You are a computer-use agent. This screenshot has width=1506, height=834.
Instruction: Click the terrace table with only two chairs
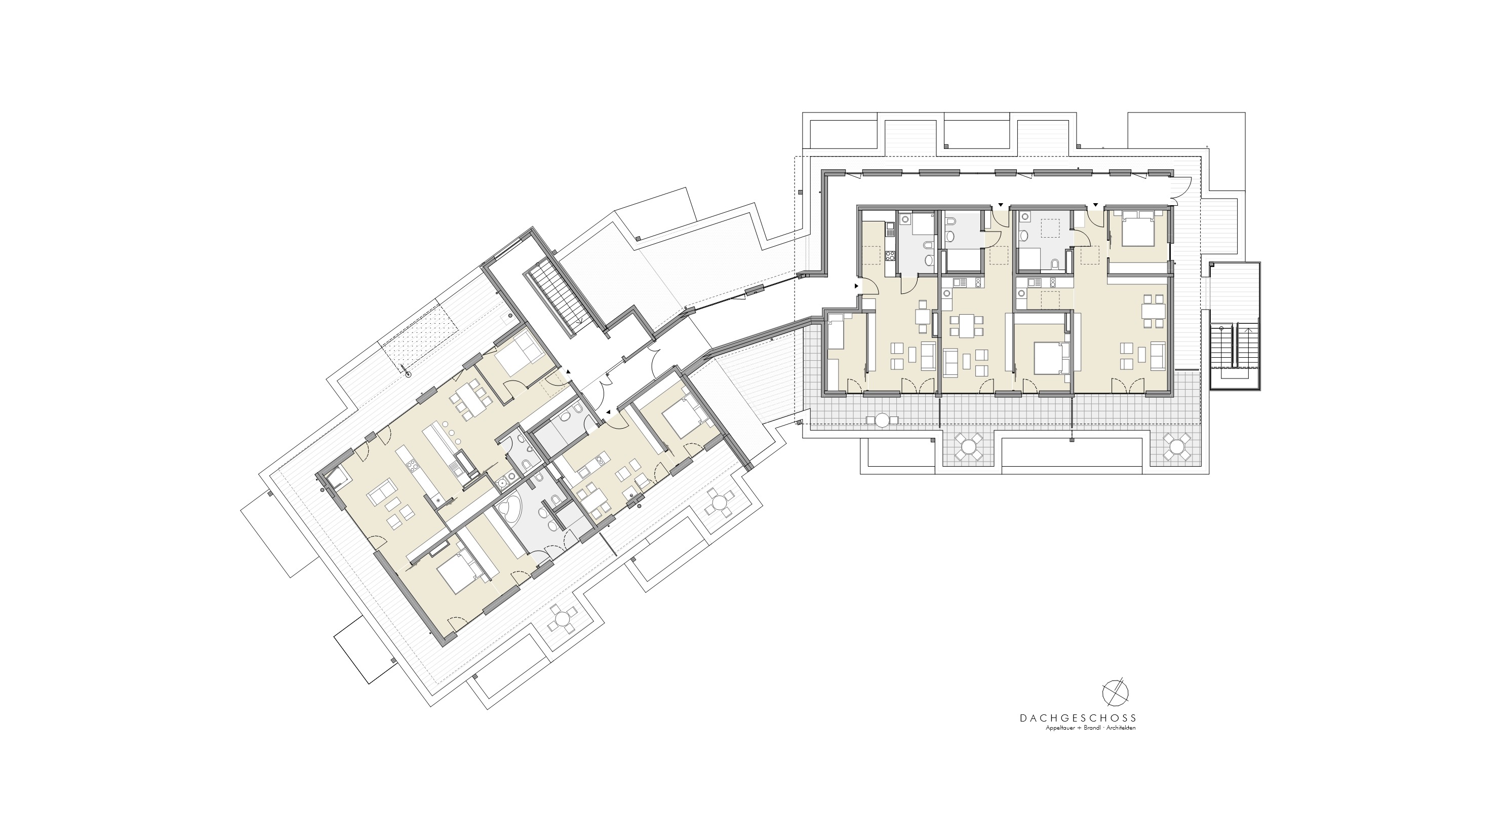tap(882, 420)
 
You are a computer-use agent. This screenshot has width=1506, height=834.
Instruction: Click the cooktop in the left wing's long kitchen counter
tap(410, 467)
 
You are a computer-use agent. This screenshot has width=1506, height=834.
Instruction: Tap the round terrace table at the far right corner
tap(1176, 447)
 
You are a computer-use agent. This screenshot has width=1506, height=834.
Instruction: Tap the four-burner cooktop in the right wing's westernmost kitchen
tap(890, 255)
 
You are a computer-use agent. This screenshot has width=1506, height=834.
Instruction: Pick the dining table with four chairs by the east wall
tap(1149, 312)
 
